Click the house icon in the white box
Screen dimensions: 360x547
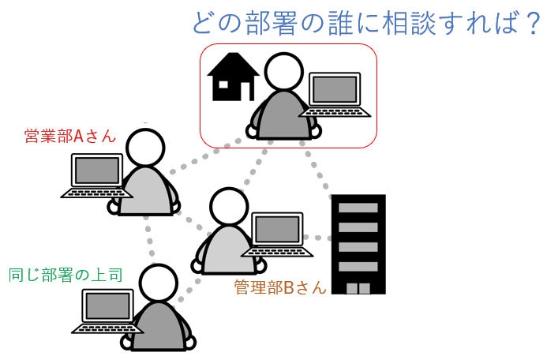(x=233, y=77)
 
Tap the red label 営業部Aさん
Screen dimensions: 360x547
(x=70, y=136)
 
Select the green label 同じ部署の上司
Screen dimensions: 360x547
(x=65, y=276)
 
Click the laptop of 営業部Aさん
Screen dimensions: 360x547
(x=96, y=175)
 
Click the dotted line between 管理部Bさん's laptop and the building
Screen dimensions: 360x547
(x=319, y=238)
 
